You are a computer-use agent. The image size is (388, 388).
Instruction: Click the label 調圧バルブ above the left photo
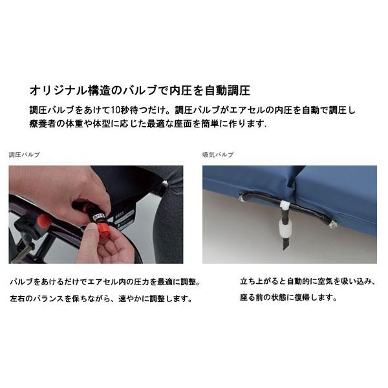click(x=24, y=155)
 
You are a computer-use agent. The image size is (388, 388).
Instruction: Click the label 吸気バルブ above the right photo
click(x=218, y=155)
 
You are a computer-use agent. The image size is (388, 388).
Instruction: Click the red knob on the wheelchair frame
click(x=42, y=224)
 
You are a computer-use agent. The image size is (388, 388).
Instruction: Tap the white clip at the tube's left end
click(x=242, y=197)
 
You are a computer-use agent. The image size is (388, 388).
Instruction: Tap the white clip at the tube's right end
click(x=333, y=223)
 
